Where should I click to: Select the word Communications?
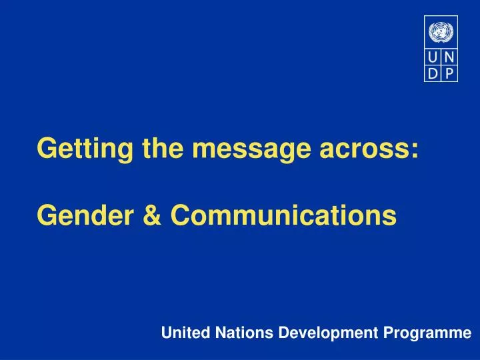pos(283,215)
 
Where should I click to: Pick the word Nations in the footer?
pos(236,333)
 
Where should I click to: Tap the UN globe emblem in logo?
pos(440,31)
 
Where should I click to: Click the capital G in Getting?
pos(46,148)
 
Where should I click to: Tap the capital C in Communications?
pos(180,215)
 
